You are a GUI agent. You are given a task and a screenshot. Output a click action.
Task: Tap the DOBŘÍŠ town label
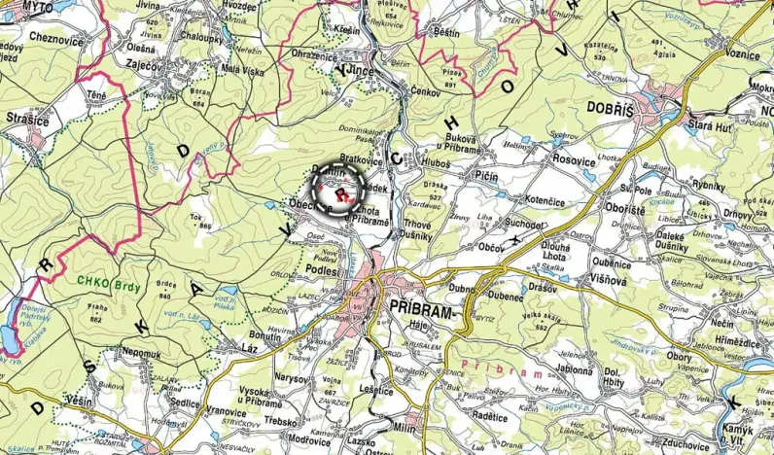[x=611, y=108]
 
